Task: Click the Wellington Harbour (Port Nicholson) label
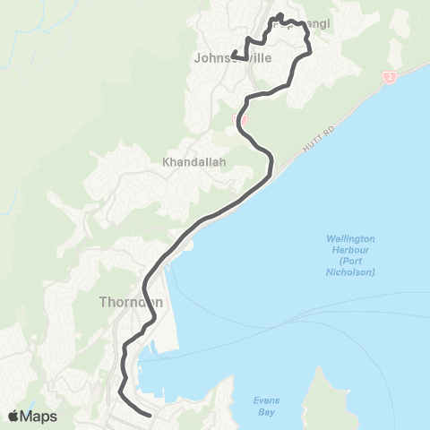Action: pos(350,255)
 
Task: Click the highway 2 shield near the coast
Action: pos(390,77)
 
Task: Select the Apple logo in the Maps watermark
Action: pos(15,416)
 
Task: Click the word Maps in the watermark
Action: pos(41,416)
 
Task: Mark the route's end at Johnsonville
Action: pos(232,56)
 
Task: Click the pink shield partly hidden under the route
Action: pos(243,120)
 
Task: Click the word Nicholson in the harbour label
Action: pos(350,271)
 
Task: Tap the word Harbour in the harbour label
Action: pos(350,250)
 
